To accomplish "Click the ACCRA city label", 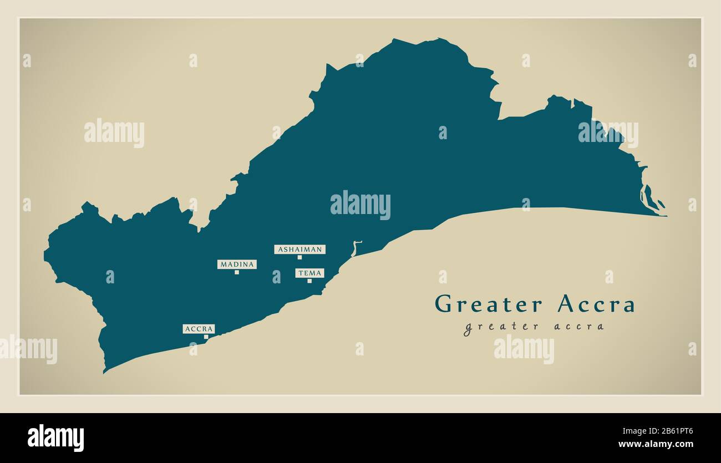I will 199,329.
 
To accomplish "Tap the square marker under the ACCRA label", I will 206,337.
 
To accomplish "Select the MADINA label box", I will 237,264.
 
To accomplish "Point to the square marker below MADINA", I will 237,272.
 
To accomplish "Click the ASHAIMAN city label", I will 299,250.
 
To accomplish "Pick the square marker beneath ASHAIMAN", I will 299,257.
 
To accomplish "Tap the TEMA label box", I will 309,273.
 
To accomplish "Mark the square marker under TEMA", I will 309,281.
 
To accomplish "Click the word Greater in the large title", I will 489,304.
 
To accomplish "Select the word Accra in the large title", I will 596,304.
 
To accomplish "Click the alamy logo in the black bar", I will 55,437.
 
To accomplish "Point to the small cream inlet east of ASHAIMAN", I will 356,248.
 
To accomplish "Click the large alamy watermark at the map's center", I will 360,205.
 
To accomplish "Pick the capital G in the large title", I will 443,304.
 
